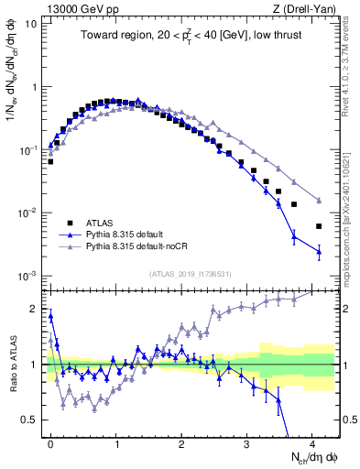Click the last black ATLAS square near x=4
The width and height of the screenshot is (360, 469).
pos(319,226)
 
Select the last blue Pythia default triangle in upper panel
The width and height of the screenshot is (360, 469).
pos(319,251)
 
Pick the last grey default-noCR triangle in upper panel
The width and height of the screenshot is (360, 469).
pos(319,201)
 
